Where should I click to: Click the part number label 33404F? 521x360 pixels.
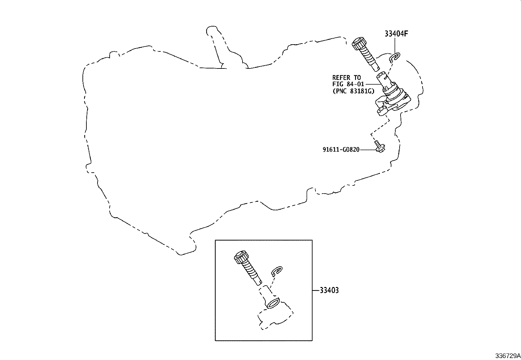pyautogui.click(x=396, y=34)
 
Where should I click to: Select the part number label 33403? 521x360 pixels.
pyautogui.click(x=329, y=290)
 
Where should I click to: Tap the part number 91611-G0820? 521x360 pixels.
pyautogui.click(x=341, y=149)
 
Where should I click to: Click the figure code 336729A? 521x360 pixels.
pyautogui.click(x=508, y=355)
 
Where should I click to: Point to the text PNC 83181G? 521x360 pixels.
pyautogui.click(x=354, y=91)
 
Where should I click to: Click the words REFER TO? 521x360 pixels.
pyautogui.click(x=346, y=78)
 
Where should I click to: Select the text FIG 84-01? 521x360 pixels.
pyautogui.click(x=348, y=84)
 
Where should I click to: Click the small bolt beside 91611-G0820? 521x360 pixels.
pyautogui.click(x=380, y=147)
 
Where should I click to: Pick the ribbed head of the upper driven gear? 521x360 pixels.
pyautogui.click(x=359, y=43)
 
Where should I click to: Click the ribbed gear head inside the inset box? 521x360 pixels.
pyautogui.click(x=242, y=257)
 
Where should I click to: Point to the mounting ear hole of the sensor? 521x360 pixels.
pyautogui.click(x=381, y=109)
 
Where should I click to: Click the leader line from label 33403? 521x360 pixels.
pyautogui.click(x=316, y=290)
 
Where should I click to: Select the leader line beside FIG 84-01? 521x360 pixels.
pyautogui.click(x=374, y=84)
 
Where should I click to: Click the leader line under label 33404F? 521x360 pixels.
pyautogui.click(x=395, y=46)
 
